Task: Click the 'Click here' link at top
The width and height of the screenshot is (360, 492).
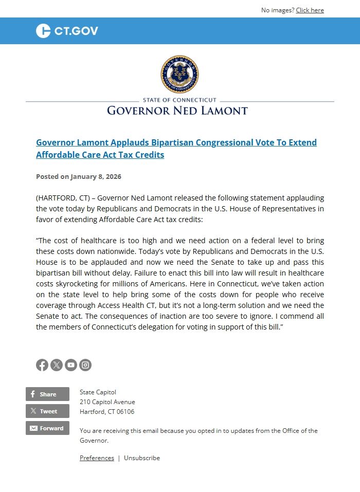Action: [310, 10]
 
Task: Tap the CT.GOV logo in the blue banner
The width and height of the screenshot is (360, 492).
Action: [67, 31]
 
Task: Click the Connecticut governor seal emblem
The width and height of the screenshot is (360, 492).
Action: [179, 75]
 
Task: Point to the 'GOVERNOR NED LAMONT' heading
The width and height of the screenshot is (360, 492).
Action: [177, 111]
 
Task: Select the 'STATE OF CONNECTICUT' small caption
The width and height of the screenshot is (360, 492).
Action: [179, 100]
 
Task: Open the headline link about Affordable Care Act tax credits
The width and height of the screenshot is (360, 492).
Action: [176, 149]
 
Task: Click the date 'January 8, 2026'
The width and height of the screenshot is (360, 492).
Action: [96, 176]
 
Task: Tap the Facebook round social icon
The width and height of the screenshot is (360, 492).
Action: [42, 365]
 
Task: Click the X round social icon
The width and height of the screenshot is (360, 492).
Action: [57, 365]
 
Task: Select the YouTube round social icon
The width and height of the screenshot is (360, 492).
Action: [71, 365]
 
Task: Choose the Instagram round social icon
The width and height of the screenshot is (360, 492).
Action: [85, 365]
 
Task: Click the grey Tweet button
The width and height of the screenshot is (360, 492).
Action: [47, 411]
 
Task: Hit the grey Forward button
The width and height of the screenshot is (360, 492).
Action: [47, 428]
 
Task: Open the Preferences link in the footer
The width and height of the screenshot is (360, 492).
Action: [97, 458]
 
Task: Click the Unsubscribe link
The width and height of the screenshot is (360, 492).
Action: [142, 458]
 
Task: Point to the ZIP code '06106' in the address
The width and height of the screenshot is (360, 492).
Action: [126, 412]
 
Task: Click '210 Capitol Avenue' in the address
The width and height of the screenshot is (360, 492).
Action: [107, 402]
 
